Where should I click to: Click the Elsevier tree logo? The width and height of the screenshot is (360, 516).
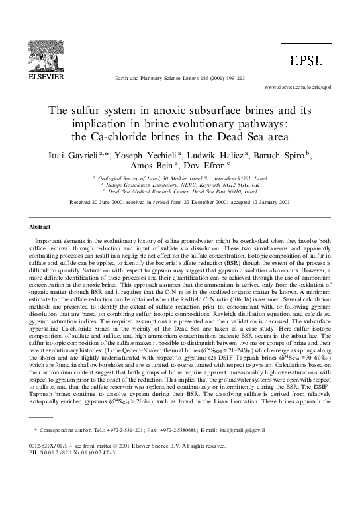coord(42,48)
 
